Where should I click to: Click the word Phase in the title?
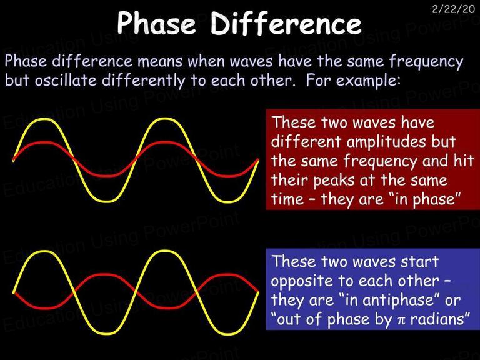pos(156,23)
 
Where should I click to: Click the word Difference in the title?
pos(286,23)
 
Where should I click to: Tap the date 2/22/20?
pos(453,9)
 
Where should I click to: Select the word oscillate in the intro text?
pos(66,80)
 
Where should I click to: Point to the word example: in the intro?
pos(368,81)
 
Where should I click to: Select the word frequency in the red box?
pos(379,162)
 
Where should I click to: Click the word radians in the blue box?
pos(437,319)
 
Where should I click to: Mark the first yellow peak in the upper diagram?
pos(44,119)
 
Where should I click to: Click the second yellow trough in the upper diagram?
pos(226,201)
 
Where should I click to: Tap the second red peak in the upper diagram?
pos(165,142)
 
